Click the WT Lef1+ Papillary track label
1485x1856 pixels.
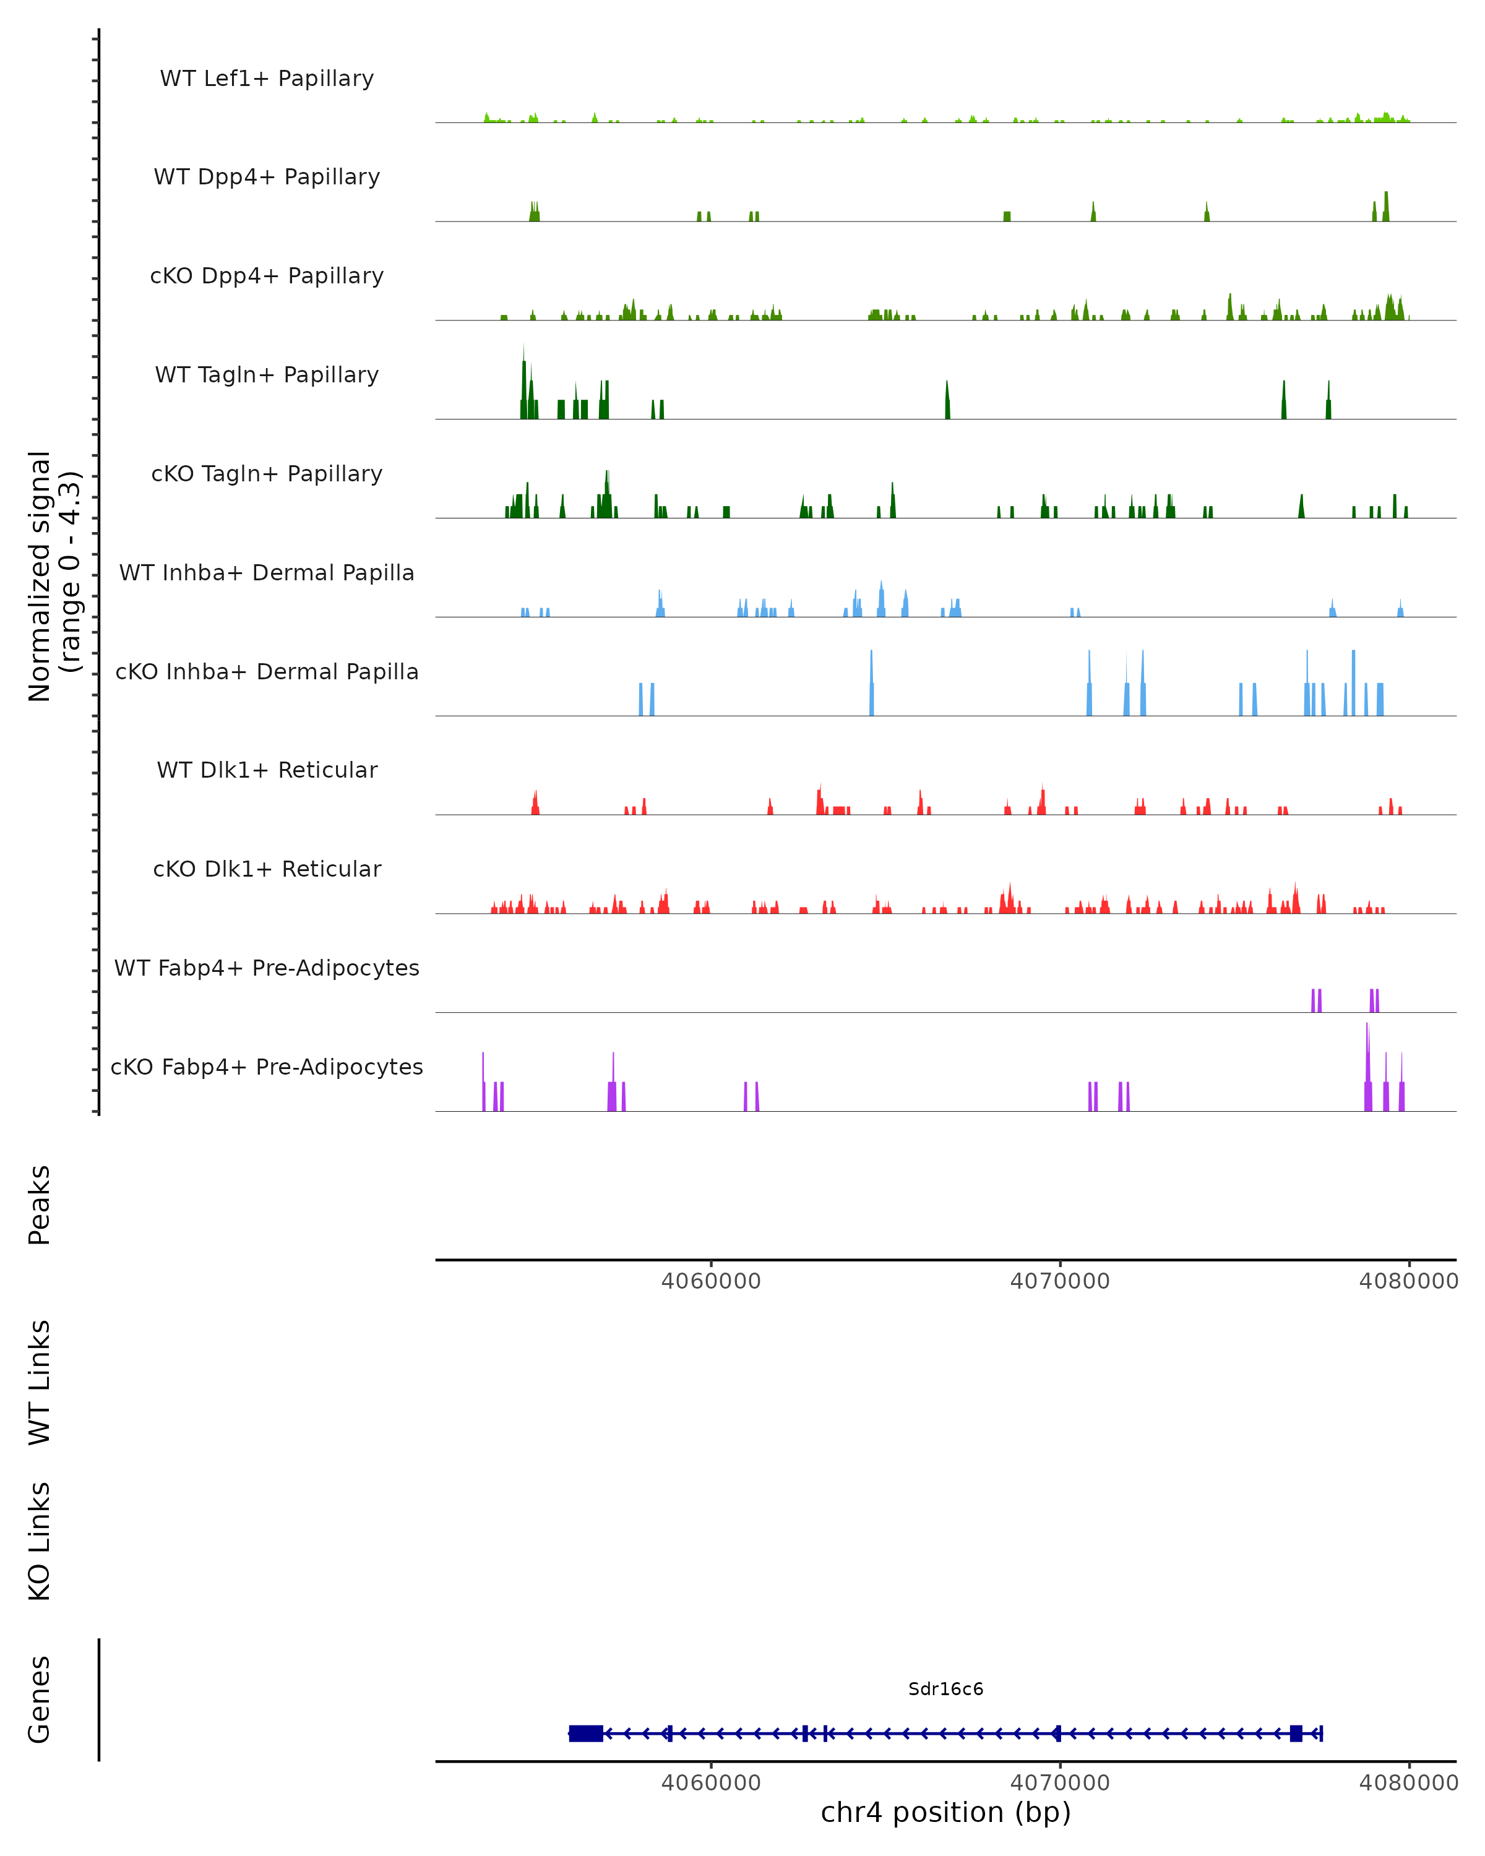[x=267, y=79]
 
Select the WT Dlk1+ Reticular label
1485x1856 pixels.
[x=267, y=770]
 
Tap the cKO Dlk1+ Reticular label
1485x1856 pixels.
[x=267, y=869]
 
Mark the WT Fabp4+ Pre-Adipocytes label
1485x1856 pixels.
[x=267, y=968]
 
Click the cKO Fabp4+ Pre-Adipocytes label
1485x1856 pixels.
[x=267, y=1067]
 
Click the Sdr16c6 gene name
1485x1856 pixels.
[x=945, y=1689]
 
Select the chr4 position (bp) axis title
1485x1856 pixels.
[x=945, y=1812]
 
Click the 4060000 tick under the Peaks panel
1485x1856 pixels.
[x=711, y=1281]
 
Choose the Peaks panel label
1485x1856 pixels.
[x=40, y=1205]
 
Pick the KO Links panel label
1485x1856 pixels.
[x=40, y=1542]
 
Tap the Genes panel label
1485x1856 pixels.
[x=40, y=1699]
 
